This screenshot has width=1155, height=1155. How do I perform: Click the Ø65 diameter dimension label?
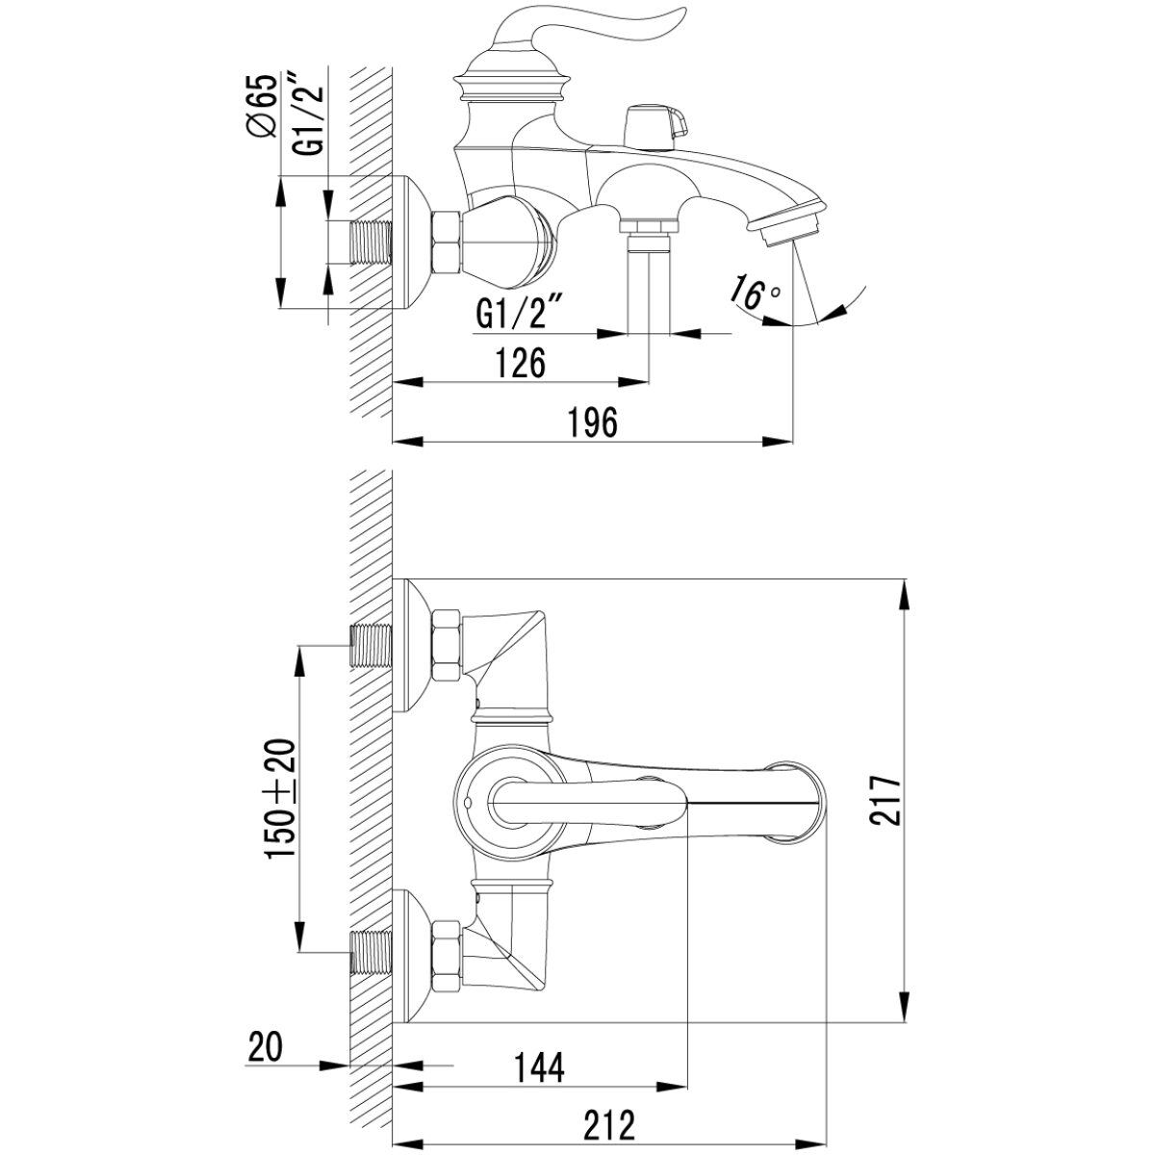click(262, 107)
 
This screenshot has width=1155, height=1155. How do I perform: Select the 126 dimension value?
click(521, 363)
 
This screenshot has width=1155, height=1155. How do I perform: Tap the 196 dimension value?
click(592, 423)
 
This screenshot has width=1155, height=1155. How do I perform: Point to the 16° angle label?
click(756, 292)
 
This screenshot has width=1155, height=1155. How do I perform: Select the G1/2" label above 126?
click(519, 313)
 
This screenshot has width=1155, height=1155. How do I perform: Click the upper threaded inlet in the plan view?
click(371, 646)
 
